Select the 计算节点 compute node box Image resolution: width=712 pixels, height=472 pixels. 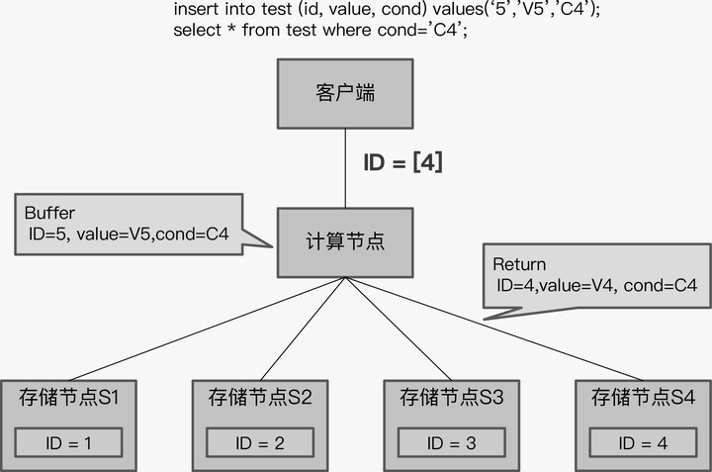click(x=344, y=242)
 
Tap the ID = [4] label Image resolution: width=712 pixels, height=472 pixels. click(x=401, y=162)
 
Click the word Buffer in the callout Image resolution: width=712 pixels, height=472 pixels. click(x=49, y=213)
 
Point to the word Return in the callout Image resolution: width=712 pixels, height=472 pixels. click(x=519, y=265)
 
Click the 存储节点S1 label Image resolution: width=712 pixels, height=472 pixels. click(x=69, y=398)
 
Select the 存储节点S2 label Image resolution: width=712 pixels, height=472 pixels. click(x=260, y=398)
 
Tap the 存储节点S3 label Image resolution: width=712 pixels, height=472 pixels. click(x=451, y=398)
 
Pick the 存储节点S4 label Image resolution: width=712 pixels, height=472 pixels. click(x=642, y=398)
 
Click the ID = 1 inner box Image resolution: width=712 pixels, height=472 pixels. click(x=68, y=442)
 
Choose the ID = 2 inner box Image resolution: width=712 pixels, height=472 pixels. click(x=260, y=442)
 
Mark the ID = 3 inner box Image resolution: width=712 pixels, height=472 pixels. click(x=451, y=442)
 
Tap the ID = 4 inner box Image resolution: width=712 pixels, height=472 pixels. click(x=642, y=442)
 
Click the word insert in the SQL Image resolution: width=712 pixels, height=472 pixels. click(x=194, y=9)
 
